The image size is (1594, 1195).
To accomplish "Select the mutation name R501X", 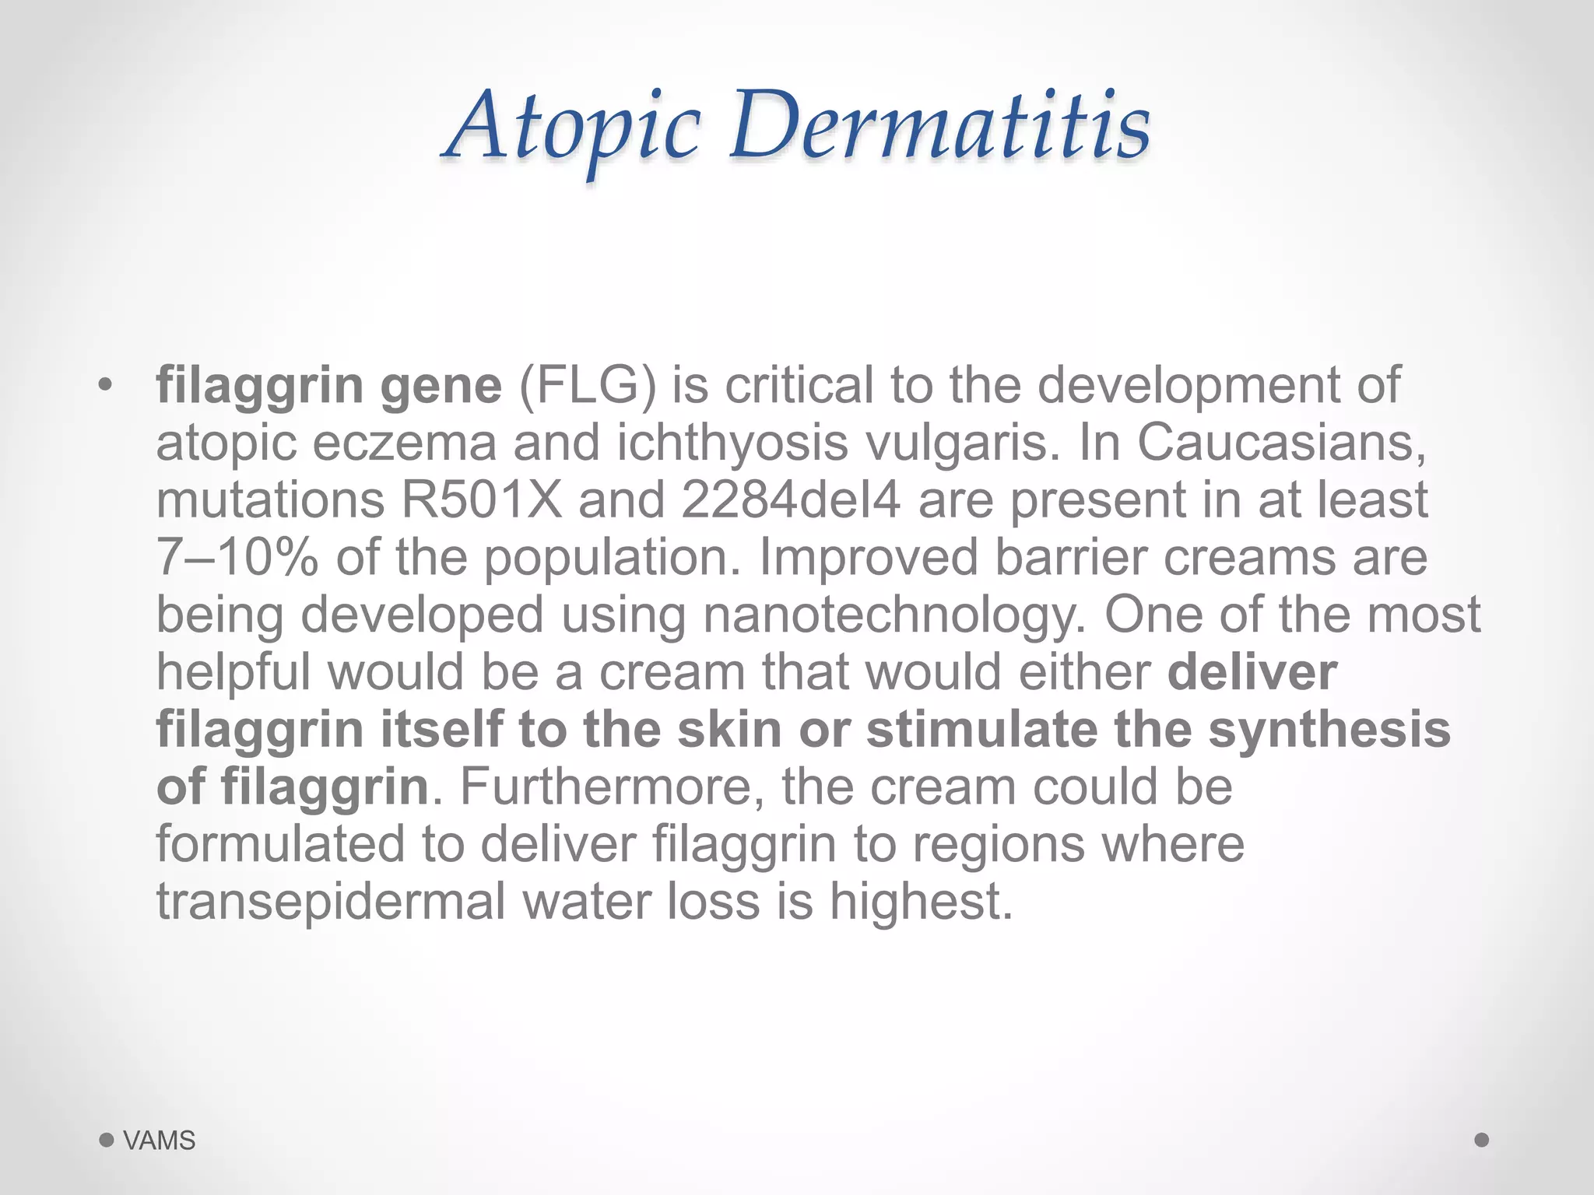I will coord(481,499).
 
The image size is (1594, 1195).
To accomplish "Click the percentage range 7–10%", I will coord(237,557).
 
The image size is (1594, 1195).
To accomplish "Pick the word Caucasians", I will coord(1282,442).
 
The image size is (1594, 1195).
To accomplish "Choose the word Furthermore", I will coord(612,787).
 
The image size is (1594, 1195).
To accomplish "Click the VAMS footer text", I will coord(160,1141).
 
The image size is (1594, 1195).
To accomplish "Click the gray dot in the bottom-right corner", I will coord(1481,1140).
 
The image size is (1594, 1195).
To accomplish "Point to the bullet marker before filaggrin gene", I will coord(105,385).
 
